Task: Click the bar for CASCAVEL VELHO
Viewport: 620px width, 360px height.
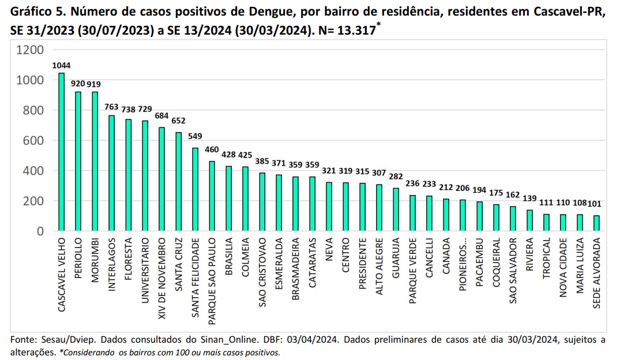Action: click(x=61, y=152)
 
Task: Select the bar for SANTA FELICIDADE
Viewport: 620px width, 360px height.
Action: click(x=195, y=190)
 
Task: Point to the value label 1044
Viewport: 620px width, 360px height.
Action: click(x=61, y=66)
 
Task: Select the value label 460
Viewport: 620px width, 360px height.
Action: click(x=212, y=150)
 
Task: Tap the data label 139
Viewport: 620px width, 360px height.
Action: click(x=529, y=198)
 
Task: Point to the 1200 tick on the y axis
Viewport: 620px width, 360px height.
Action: click(x=30, y=50)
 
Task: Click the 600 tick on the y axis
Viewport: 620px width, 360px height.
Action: click(x=33, y=141)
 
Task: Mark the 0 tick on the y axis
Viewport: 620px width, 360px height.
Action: click(x=39, y=231)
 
